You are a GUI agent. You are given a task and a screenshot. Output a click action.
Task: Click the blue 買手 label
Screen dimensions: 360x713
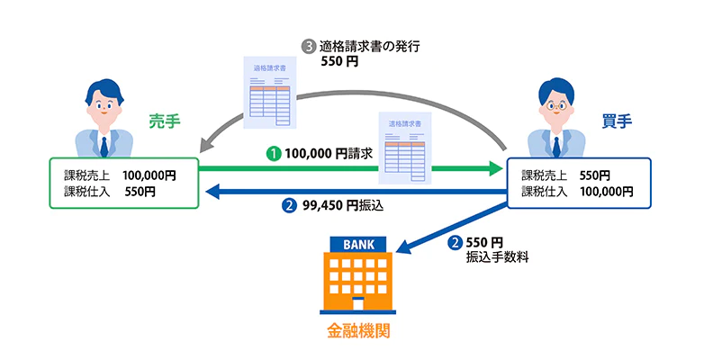(x=615, y=120)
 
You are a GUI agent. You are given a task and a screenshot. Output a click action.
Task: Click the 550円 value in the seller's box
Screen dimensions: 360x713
(x=140, y=192)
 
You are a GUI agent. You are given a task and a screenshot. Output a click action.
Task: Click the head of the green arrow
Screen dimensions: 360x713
(x=494, y=168)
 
